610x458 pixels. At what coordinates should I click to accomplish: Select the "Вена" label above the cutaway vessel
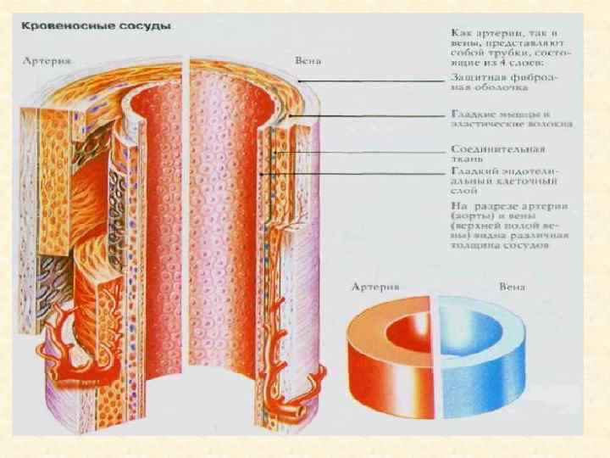click(307, 62)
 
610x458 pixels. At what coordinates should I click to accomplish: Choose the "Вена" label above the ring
click(512, 287)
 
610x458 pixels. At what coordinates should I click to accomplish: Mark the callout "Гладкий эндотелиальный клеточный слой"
click(505, 181)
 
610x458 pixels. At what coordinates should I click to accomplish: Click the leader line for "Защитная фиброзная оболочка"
click(373, 81)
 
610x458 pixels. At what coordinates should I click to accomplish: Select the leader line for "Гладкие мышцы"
click(373, 114)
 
